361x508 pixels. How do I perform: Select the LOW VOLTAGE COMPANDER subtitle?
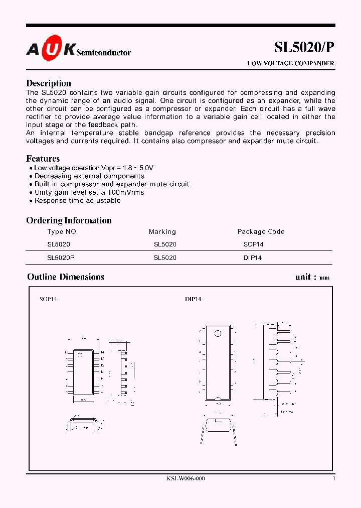pyautogui.click(x=291, y=64)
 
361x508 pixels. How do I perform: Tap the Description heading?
pyautogui.click(x=49, y=83)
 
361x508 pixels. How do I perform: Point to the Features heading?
pyautogui.click(x=43, y=159)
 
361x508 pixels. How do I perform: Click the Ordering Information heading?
pyautogui.click(x=69, y=220)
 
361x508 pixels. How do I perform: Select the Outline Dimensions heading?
pyautogui.click(x=66, y=277)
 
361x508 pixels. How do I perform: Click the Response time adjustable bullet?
pyautogui.click(x=77, y=200)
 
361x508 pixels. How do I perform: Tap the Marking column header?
pyautogui.click(x=162, y=232)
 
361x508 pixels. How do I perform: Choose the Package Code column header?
pyautogui.click(x=261, y=232)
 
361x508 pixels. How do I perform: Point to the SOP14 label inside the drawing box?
pyautogui.click(x=48, y=299)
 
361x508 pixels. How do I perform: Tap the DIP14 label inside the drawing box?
pyautogui.click(x=193, y=299)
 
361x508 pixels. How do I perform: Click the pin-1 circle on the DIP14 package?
pyautogui.click(x=218, y=333)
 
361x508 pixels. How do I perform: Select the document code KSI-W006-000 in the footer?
pyautogui.click(x=186, y=478)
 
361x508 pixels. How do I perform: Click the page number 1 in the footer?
pyautogui.click(x=333, y=478)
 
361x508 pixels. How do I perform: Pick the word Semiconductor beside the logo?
pyautogui.click(x=104, y=53)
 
